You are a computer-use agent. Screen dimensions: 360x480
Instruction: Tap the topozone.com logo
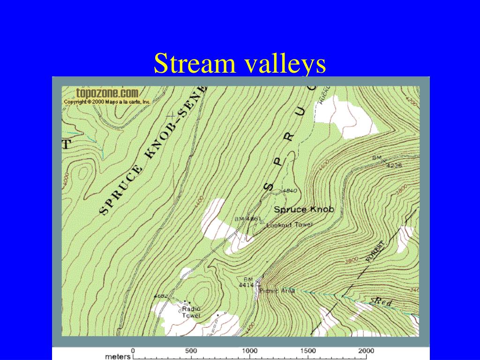click(107, 93)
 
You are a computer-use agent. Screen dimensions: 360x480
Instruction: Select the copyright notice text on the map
click(107, 101)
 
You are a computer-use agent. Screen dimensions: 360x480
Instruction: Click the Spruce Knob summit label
click(304, 210)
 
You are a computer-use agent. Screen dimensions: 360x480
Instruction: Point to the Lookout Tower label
click(289, 225)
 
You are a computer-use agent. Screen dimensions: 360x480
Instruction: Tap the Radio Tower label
click(191, 312)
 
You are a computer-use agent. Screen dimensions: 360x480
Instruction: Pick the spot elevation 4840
click(290, 191)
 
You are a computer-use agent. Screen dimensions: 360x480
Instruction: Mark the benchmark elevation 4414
click(246, 285)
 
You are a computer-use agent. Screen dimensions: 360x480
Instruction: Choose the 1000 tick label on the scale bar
click(249, 351)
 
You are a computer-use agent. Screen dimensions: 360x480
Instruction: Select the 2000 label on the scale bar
click(366, 351)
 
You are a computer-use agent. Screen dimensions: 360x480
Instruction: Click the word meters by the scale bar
click(118, 356)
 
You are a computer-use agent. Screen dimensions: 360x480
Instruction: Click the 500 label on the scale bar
click(191, 351)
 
